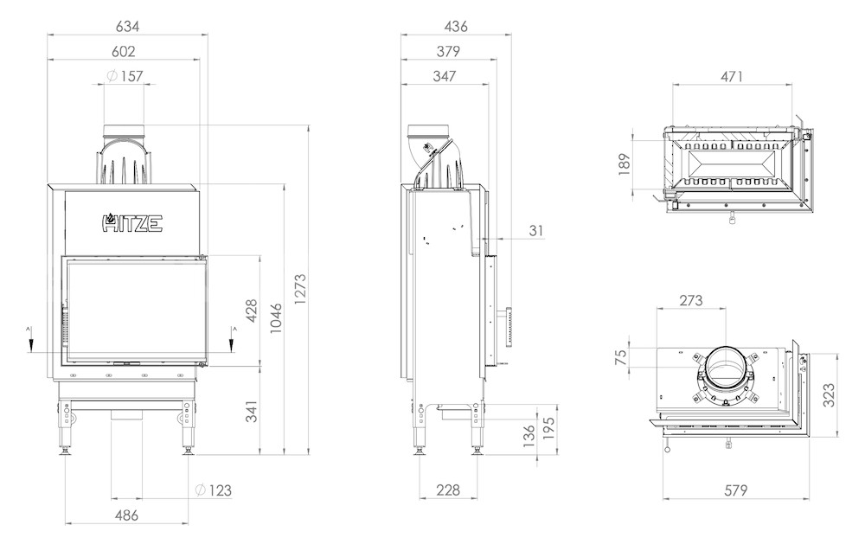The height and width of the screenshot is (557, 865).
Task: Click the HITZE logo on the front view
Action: click(131, 222)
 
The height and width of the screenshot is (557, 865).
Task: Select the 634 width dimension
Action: click(127, 26)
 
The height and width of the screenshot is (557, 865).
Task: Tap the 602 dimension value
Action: click(123, 51)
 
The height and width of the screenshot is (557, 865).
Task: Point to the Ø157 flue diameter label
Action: click(125, 76)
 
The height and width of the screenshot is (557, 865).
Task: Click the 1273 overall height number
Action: click(299, 289)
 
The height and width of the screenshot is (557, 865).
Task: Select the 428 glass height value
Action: click(251, 311)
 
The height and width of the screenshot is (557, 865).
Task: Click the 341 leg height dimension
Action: click(251, 412)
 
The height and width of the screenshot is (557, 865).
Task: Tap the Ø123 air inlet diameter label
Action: click(214, 490)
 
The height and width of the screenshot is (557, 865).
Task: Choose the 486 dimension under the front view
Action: click(126, 515)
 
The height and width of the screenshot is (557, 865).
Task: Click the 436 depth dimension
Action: click(456, 26)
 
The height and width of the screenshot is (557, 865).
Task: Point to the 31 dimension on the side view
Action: click(536, 230)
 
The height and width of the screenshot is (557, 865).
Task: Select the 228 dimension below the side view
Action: click(447, 490)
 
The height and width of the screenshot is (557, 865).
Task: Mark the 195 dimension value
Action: click(548, 428)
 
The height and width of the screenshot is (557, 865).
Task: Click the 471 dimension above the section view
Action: click(732, 76)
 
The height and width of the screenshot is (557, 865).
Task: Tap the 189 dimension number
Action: click(625, 164)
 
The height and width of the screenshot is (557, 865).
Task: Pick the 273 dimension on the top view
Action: click(690, 300)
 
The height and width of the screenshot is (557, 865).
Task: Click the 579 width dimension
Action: click(735, 490)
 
